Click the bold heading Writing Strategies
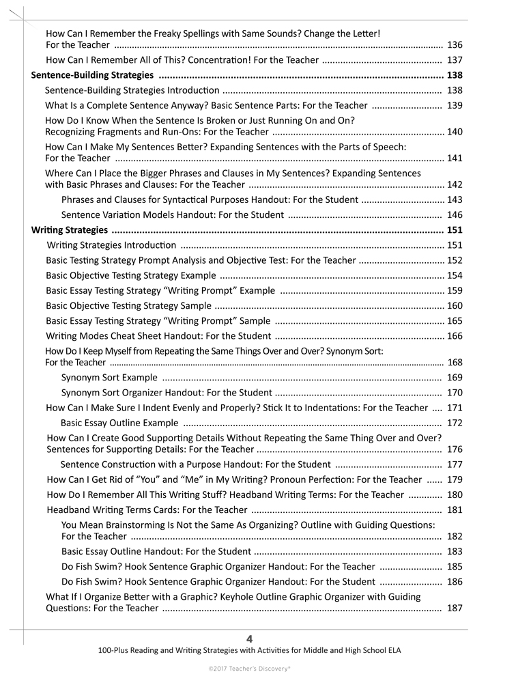click(x=70, y=230)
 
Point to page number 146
click(x=455, y=215)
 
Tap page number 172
click(x=455, y=423)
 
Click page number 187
click(x=455, y=608)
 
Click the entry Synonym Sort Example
click(x=109, y=378)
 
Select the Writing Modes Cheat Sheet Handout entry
click(x=158, y=336)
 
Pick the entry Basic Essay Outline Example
click(x=120, y=423)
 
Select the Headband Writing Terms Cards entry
click(x=147, y=510)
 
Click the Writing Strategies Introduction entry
click(x=111, y=245)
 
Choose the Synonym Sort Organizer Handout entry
click(x=167, y=393)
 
